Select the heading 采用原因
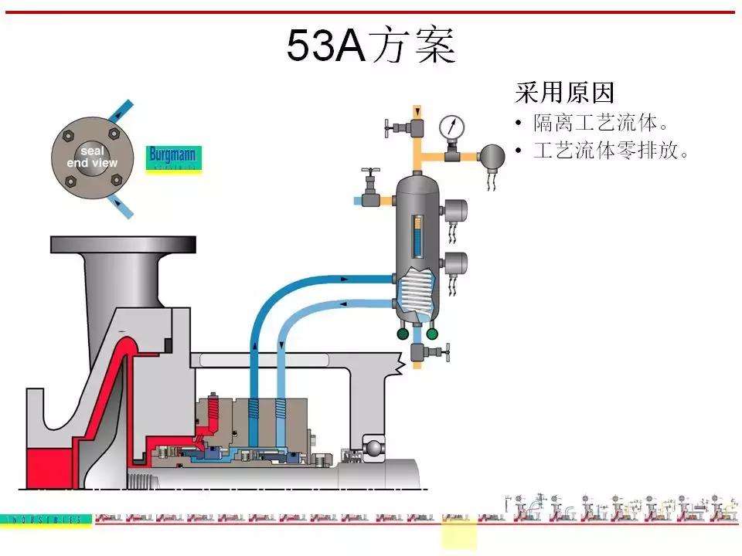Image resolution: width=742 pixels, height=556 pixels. coord(564,93)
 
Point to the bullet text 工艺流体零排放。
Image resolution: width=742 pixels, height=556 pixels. coord(611,150)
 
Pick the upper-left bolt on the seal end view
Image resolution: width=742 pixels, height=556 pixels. coord(68,136)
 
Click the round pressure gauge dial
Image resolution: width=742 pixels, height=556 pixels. coord(451,126)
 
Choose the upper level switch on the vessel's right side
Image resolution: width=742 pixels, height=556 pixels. coord(458,209)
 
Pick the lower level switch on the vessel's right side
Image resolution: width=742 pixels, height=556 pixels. coord(458,262)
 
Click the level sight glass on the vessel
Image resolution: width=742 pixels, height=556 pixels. coord(418,232)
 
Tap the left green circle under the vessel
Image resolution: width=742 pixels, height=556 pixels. coord(403,334)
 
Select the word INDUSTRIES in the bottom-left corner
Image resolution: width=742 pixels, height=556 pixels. coord(46,520)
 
